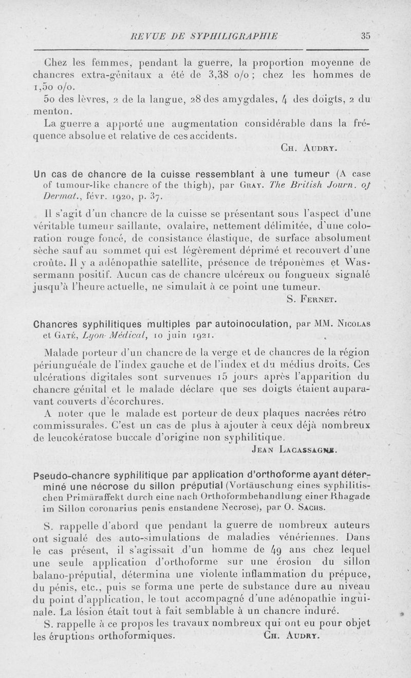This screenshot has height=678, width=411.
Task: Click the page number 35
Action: point(365,35)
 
